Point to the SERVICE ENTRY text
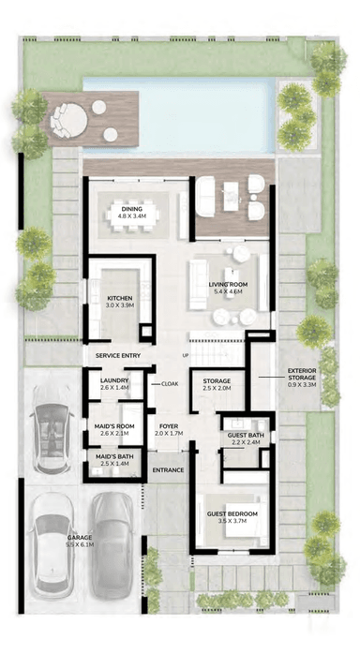(118, 356)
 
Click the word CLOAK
(170, 384)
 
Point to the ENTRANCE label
(168, 470)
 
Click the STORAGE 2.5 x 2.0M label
(217, 384)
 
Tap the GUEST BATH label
(244, 438)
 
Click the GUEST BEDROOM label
(232, 517)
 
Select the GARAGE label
(80, 541)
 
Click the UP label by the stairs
(186, 356)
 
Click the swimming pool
(179, 114)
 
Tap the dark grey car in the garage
(112, 545)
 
